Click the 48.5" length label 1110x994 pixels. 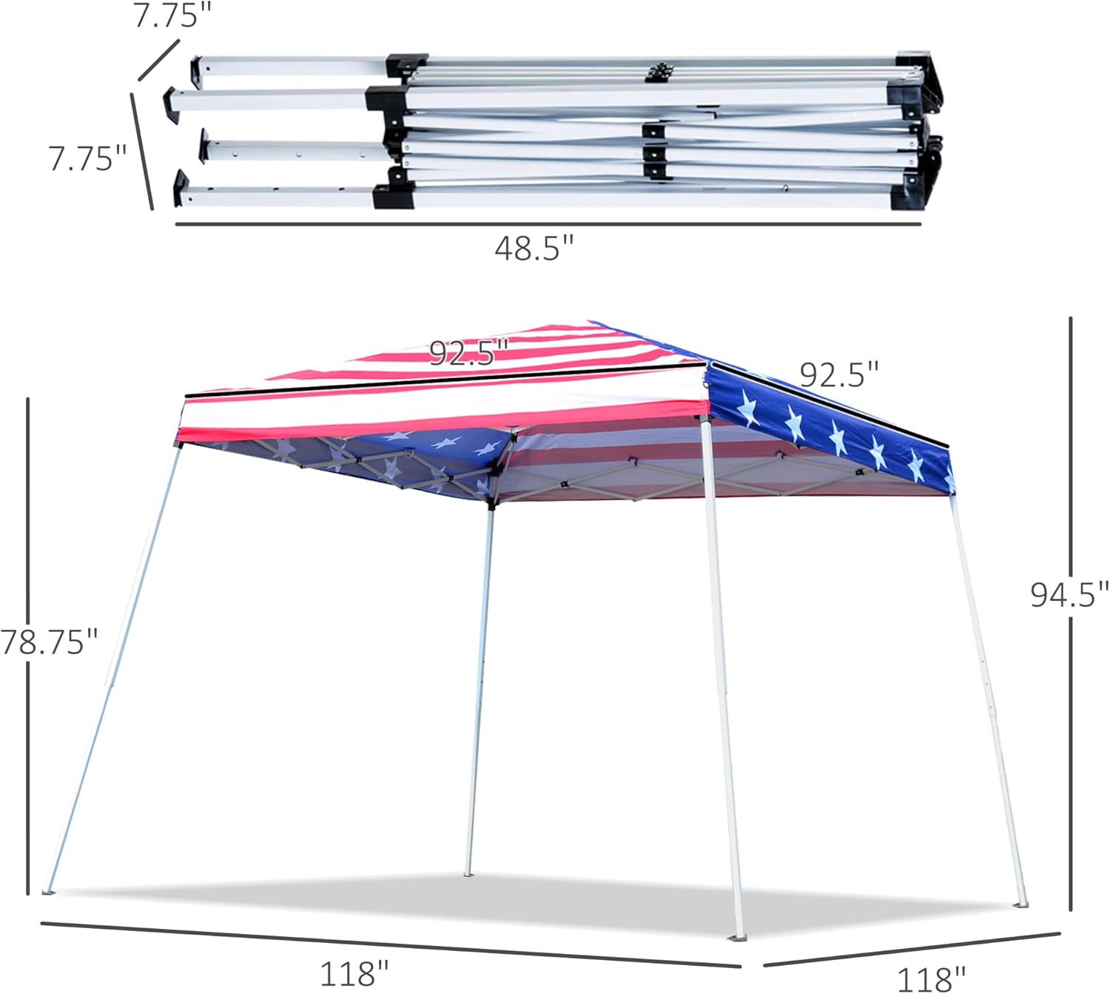point(534,249)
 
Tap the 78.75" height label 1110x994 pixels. point(49,642)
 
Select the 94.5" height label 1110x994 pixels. point(1069,594)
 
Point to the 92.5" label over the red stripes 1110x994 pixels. point(469,353)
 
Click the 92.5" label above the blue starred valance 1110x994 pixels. point(839,375)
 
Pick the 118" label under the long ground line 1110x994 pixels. point(354,973)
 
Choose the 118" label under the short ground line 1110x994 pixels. point(931,978)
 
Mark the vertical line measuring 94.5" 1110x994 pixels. point(1070,614)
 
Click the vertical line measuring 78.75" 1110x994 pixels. point(28,644)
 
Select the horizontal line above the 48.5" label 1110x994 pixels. point(548,224)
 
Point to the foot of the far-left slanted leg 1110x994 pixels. point(49,892)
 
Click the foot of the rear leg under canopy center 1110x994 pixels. point(468,873)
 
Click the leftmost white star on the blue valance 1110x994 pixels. point(747,409)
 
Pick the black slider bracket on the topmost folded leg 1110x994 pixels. point(406,64)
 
